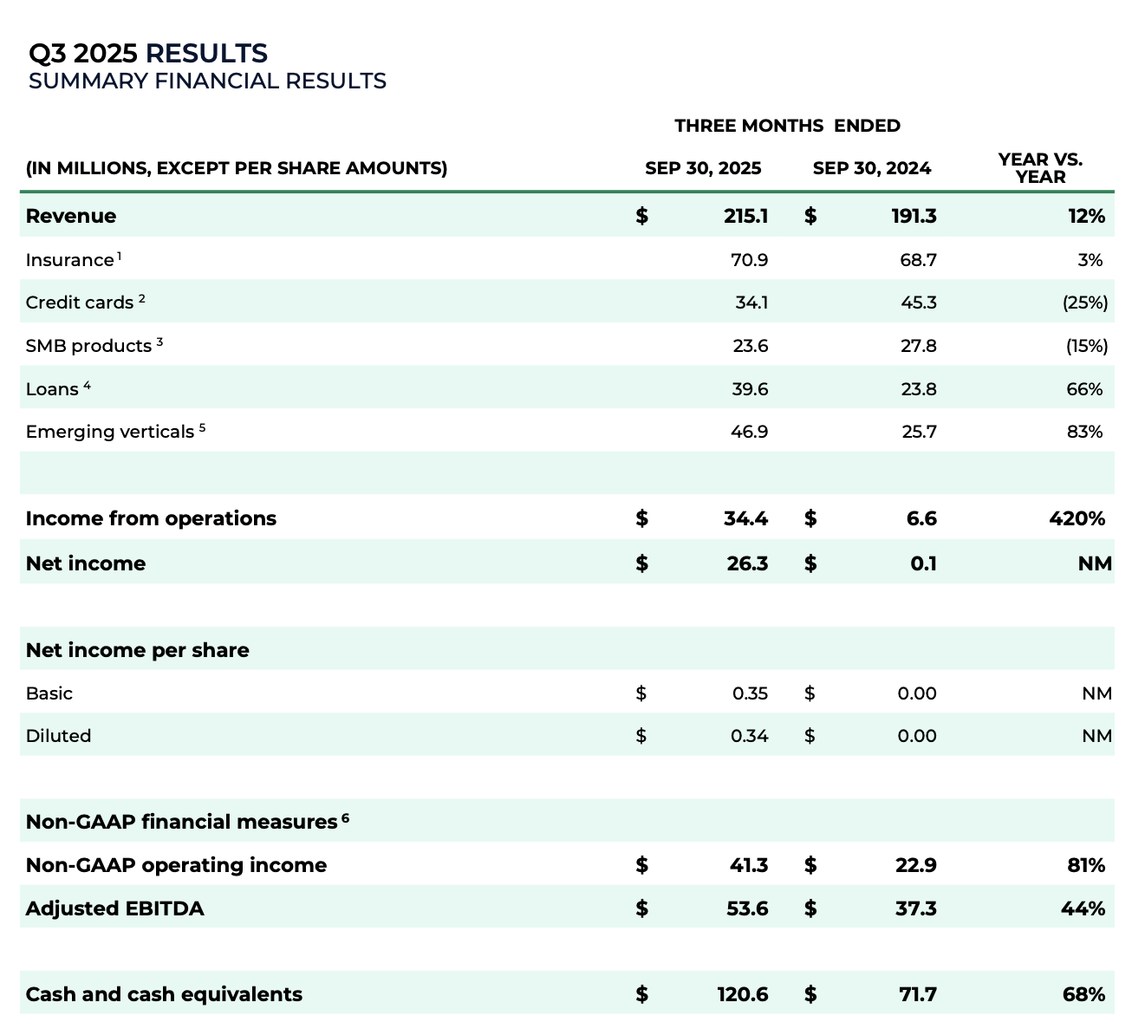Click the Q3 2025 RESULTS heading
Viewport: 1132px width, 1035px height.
click(x=148, y=54)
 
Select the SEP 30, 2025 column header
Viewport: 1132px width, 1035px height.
click(x=703, y=168)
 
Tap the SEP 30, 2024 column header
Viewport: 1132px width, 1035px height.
click(x=871, y=168)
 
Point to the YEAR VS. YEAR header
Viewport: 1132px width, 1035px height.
click(x=1040, y=168)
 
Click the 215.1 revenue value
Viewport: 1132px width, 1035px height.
click(x=745, y=216)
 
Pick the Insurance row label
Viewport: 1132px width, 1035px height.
click(x=69, y=260)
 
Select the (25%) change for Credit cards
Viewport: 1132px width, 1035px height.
click(x=1084, y=303)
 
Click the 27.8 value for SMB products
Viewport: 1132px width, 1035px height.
click(x=918, y=346)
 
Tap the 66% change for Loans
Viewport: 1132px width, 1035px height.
click(x=1084, y=389)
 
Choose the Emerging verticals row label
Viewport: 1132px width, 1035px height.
click(x=109, y=432)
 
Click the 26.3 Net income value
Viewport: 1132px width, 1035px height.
click(x=747, y=563)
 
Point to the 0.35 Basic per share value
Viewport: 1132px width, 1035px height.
click(x=750, y=693)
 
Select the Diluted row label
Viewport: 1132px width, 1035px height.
click(x=58, y=736)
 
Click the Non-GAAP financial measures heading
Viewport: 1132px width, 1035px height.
click(x=180, y=822)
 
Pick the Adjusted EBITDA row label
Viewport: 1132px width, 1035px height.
click(x=114, y=908)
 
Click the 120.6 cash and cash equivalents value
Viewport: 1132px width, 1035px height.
click(x=743, y=994)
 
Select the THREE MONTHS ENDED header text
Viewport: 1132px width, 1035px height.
click(x=787, y=126)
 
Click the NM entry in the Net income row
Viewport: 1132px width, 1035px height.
click(x=1095, y=563)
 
